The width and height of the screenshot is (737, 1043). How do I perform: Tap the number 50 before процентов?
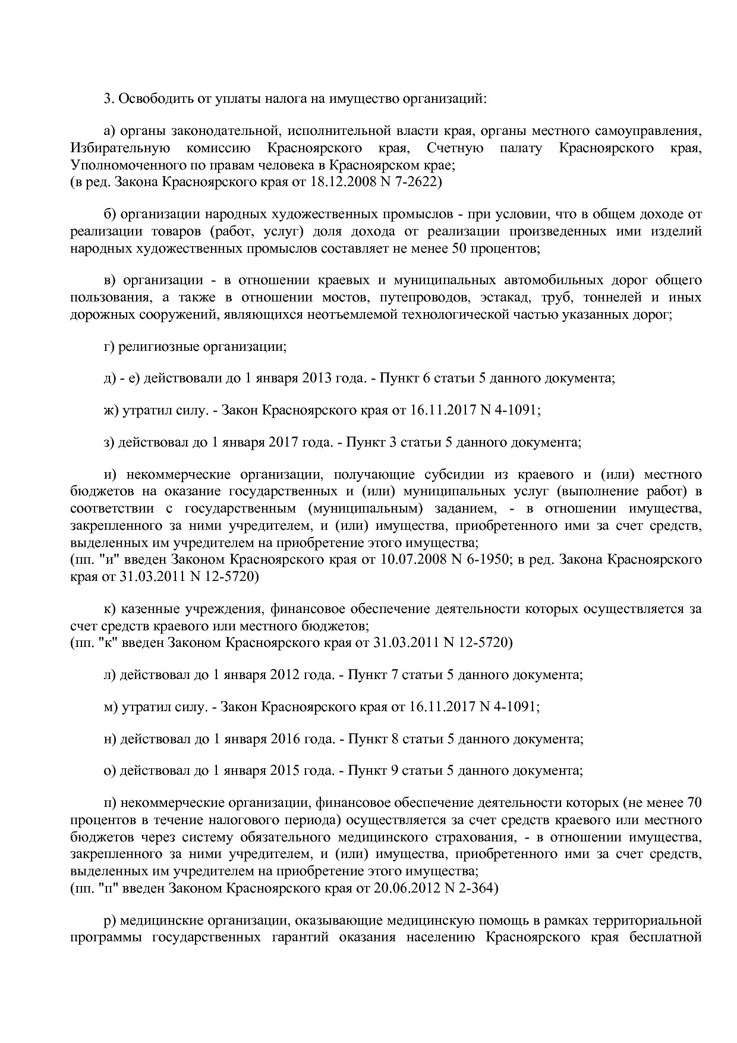(459, 248)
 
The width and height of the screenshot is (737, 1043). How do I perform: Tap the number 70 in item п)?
(694, 803)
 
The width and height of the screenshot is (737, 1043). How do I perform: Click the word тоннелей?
(612, 297)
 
